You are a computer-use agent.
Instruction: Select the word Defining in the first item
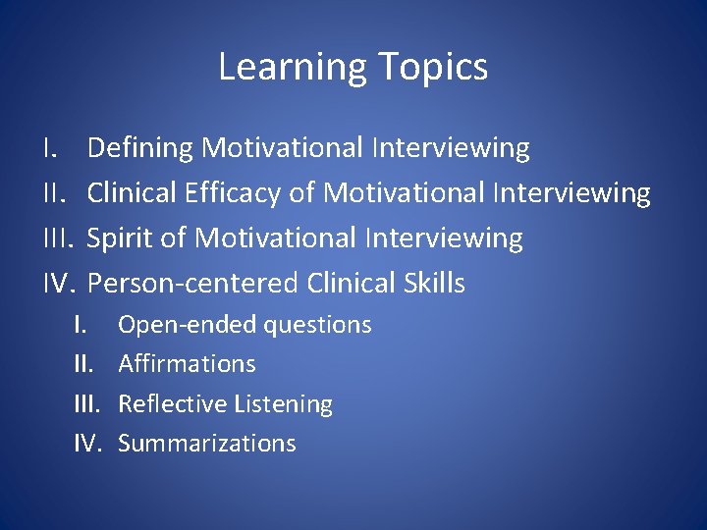141,148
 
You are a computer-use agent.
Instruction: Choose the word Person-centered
193,284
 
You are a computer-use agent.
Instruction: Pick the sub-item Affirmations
187,364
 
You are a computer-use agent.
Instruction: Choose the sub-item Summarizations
206,444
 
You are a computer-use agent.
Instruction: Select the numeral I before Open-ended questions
81,325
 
